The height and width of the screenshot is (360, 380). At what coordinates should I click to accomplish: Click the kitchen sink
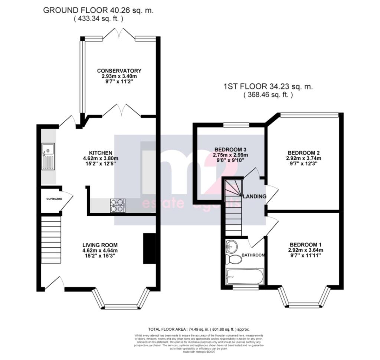coord(48,156)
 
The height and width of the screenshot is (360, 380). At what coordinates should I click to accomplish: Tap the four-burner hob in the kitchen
coord(117,206)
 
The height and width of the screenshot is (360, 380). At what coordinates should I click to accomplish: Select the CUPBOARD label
coord(54,199)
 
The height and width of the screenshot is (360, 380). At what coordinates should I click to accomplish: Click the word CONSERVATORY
coord(119,71)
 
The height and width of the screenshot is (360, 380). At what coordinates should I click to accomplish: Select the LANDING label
coord(254,196)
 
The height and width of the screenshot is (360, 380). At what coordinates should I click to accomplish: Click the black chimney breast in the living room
coord(149,249)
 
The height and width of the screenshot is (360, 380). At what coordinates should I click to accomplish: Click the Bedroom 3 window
coord(236,125)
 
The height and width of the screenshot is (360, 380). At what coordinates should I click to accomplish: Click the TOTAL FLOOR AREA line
coord(199,329)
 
